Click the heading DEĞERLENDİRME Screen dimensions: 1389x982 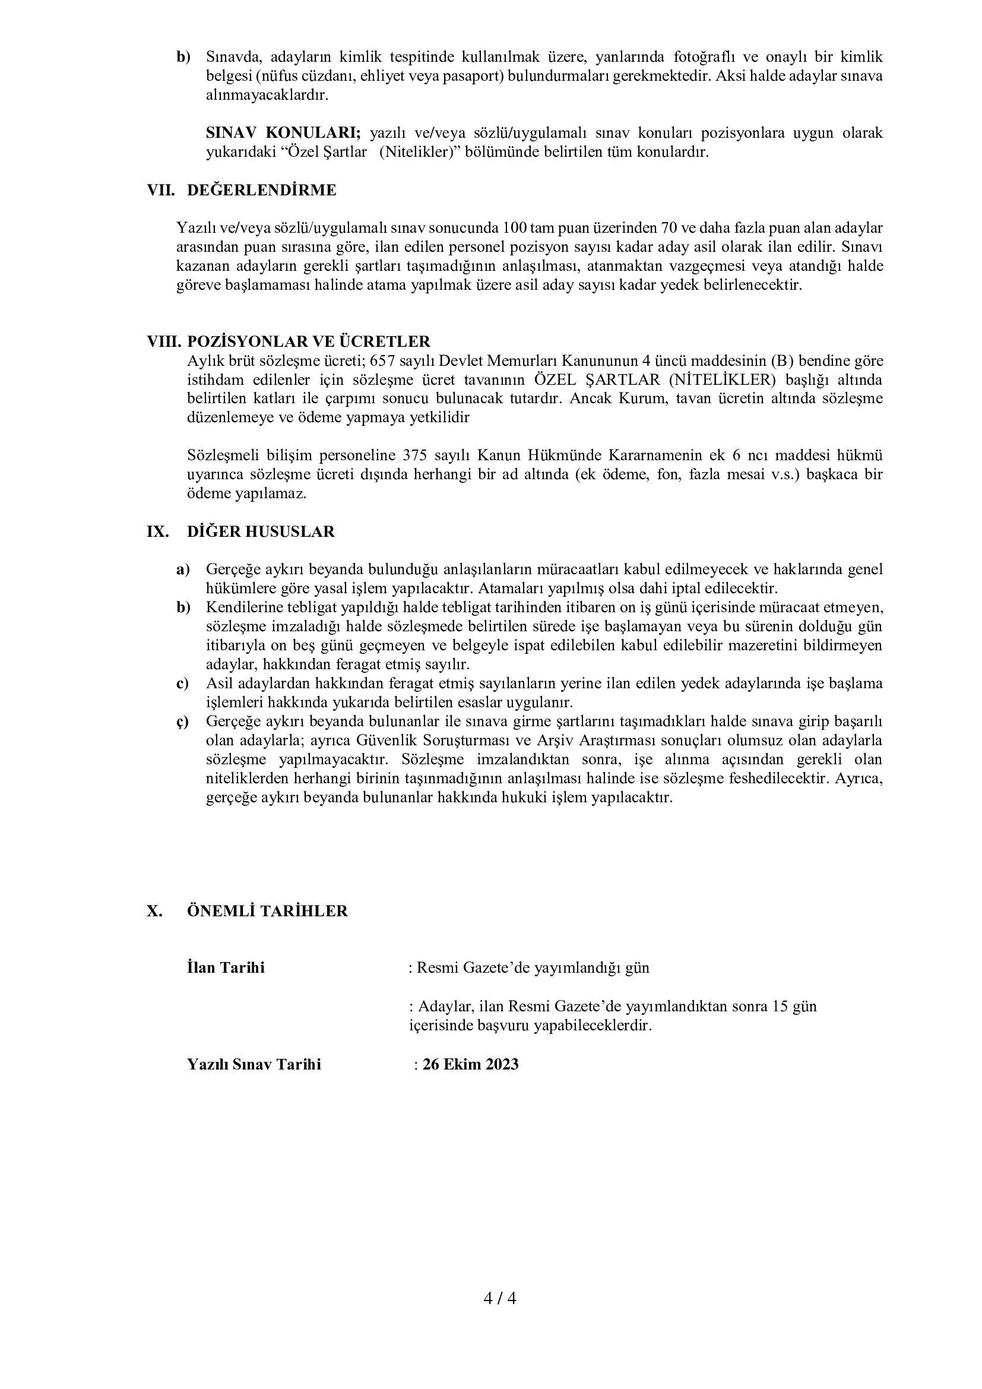(261, 191)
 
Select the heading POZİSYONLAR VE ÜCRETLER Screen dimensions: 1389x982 (308, 342)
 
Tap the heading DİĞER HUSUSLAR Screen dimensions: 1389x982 (261, 531)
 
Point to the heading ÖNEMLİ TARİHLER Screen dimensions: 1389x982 (267, 912)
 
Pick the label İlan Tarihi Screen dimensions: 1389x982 (226, 968)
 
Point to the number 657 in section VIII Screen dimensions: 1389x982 (382, 361)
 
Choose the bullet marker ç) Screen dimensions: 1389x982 (183, 722)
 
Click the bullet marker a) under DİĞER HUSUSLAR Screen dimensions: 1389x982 (183, 569)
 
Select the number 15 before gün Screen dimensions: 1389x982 (779, 1007)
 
